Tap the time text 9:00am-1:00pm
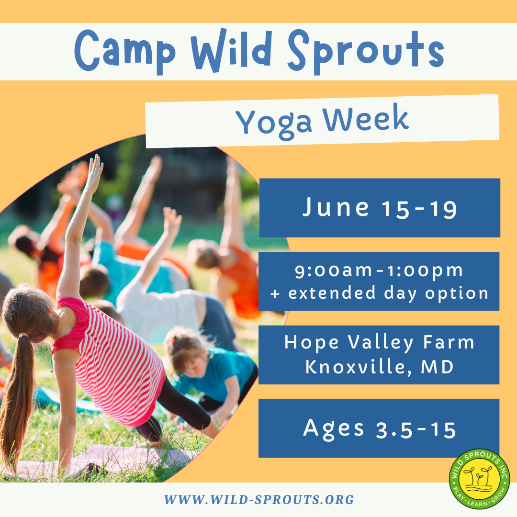coord(379,270)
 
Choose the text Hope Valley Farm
coord(379,343)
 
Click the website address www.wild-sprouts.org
coord(259,500)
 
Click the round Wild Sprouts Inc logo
coord(479,479)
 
